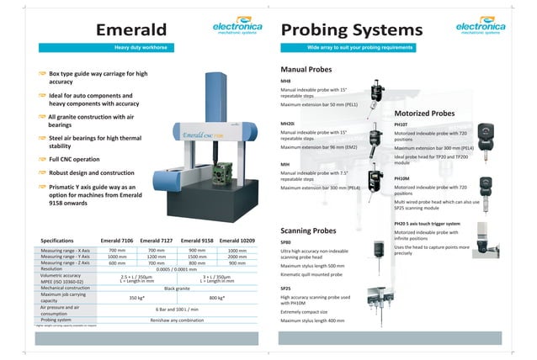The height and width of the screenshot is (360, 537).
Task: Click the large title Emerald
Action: [x=136, y=30]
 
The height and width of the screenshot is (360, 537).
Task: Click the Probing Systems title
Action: [x=351, y=30]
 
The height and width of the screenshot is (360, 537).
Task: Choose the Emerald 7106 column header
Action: [x=117, y=241]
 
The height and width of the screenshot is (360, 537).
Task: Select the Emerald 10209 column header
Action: [x=238, y=241]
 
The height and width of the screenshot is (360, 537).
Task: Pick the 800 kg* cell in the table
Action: [x=217, y=298]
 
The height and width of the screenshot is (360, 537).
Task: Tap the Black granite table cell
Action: [x=177, y=287]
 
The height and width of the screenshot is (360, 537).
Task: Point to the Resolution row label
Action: [x=53, y=268]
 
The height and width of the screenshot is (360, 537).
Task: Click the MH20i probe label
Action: [x=287, y=123]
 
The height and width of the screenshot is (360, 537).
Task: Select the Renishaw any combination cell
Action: [x=177, y=320]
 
